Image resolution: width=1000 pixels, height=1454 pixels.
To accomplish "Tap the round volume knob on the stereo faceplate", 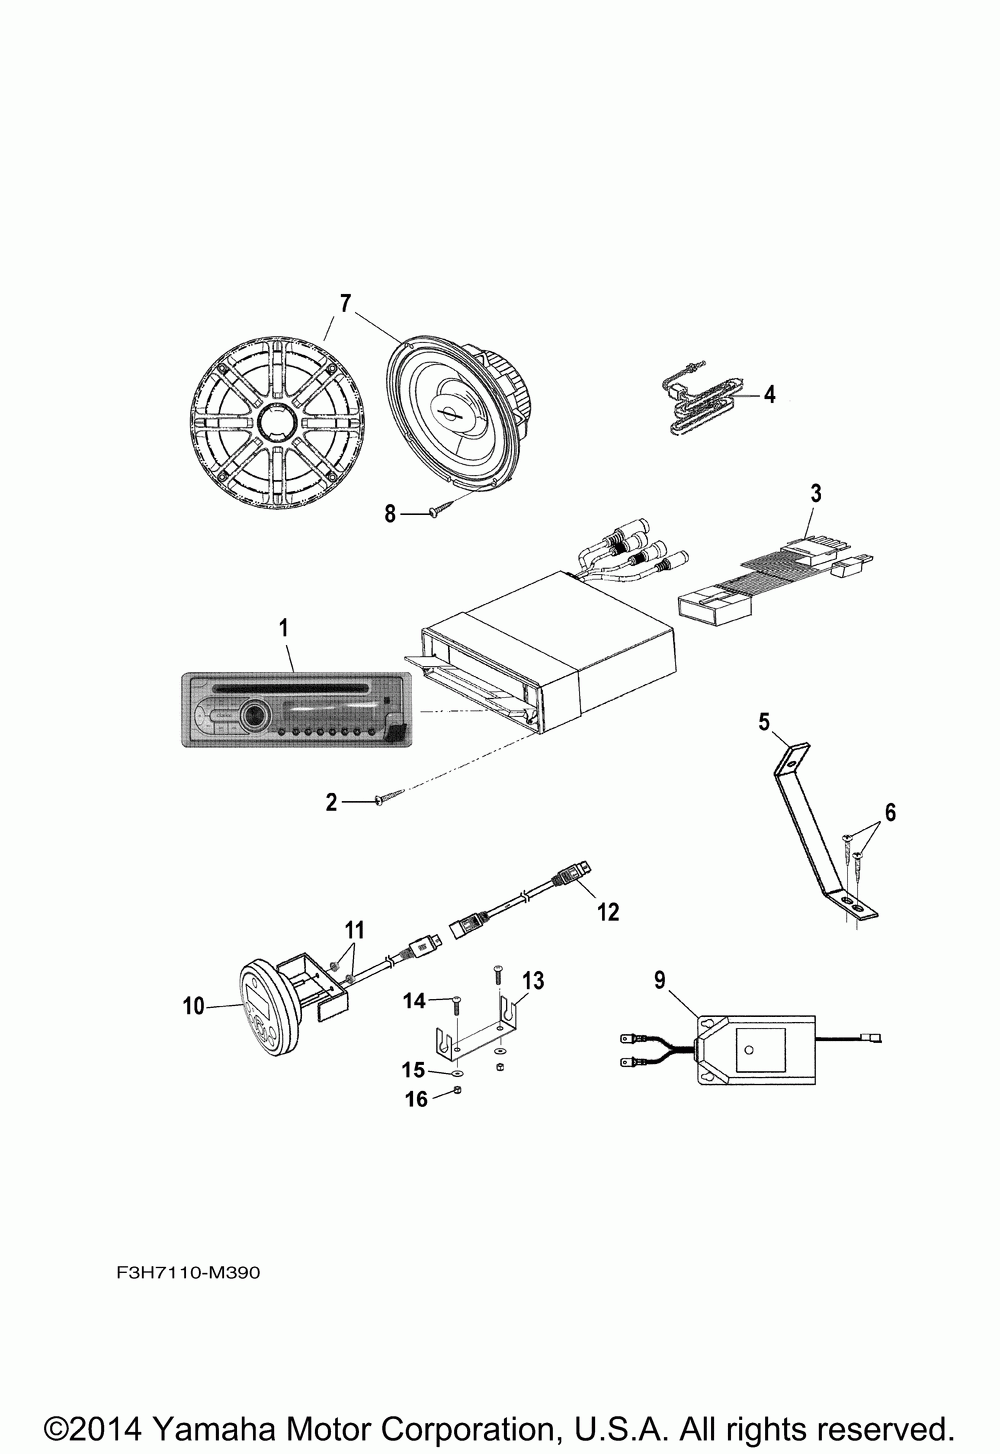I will tap(255, 716).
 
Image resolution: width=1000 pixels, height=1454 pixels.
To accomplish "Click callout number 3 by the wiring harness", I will tap(815, 492).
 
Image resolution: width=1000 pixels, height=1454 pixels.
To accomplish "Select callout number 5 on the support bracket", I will tap(764, 721).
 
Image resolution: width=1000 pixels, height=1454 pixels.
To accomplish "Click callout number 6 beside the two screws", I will tap(889, 812).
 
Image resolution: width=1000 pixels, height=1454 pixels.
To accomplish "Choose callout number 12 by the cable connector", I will tap(607, 911).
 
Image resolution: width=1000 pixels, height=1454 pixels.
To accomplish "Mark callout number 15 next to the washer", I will tap(414, 1070).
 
